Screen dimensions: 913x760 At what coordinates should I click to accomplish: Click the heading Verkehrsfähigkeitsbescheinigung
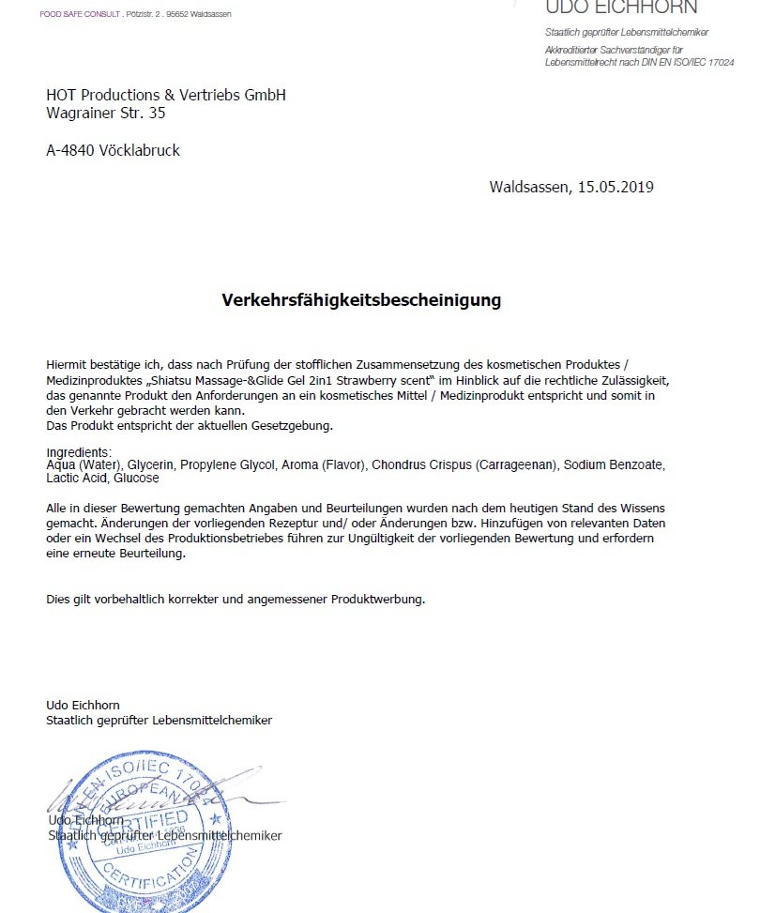tap(361, 300)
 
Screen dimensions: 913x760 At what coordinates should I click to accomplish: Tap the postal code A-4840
tap(70, 150)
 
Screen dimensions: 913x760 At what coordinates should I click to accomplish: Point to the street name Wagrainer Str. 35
tap(106, 113)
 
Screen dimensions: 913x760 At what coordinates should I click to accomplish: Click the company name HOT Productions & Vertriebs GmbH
tap(166, 95)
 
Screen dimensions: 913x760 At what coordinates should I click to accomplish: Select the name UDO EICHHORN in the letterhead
tap(621, 8)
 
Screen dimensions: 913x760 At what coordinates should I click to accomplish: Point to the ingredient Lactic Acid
tap(77, 478)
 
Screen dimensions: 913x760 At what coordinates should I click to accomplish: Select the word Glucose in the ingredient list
tap(137, 478)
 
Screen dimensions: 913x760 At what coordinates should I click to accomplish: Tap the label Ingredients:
tap(79, 452)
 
